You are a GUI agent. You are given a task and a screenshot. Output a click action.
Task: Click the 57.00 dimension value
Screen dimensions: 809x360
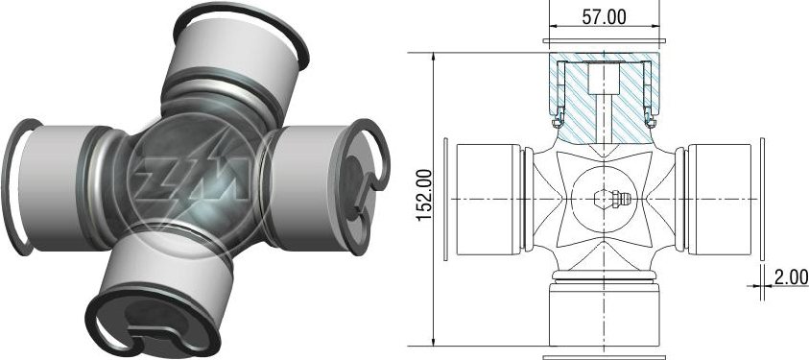(x=604, y=17)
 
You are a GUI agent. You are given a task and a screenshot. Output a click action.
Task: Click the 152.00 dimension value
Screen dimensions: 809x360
(x=424, y=196)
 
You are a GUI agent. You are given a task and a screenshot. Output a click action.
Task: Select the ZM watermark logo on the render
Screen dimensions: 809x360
(x=193, y=178)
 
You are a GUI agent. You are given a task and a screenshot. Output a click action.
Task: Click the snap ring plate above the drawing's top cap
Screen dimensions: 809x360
(x=604, y=40)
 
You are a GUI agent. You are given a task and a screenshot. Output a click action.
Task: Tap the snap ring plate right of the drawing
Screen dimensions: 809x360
(x=763, y=199)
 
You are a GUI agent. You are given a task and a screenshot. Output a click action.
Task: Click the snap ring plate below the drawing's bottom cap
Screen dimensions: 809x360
(x=604, y=357)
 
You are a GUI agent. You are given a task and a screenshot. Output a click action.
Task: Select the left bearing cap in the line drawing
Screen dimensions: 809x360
(x=488, y=200)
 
